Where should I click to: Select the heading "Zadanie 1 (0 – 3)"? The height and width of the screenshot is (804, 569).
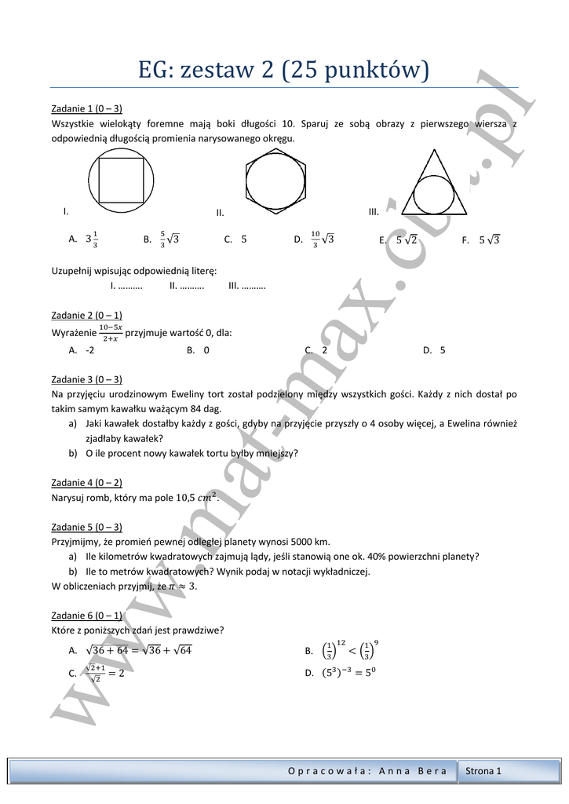[x=86, y=108]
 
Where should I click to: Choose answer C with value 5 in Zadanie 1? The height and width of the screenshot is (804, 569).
[x=235, y=239]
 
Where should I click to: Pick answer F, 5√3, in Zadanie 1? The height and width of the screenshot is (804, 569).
[x=481, y=240]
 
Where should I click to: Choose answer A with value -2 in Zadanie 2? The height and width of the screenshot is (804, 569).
[x=82, y=351]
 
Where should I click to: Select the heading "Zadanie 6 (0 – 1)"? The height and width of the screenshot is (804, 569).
[x=86, y=615]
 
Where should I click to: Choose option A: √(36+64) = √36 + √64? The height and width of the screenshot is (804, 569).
[x=132, y=650]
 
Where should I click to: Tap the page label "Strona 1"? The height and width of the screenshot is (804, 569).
[x=483, y=771]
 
